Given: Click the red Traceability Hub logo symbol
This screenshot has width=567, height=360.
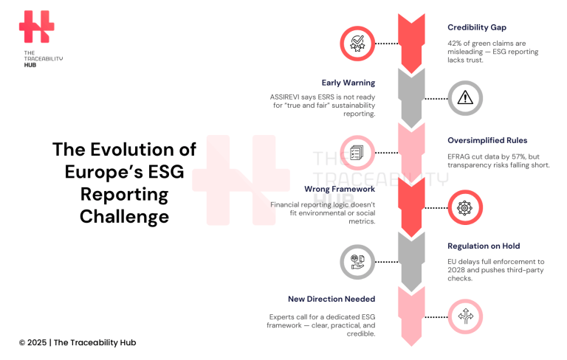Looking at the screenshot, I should coord(36,27).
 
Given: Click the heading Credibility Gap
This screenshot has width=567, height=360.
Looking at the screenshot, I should coord(476,27).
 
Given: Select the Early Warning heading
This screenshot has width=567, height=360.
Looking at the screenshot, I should coord(348,83).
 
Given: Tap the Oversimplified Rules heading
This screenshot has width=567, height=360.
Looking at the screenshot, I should coord(487,140).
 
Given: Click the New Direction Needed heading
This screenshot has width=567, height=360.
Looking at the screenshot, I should coord(331,299).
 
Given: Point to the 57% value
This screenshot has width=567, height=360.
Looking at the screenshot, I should coord(520,156).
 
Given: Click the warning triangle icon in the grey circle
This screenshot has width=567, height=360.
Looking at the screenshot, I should coord(464,97).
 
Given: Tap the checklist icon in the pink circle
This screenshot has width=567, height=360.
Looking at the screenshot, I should coord(357,153).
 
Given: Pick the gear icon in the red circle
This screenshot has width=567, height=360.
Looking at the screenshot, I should coord(464,208).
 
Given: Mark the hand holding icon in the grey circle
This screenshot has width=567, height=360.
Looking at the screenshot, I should coord(357,262).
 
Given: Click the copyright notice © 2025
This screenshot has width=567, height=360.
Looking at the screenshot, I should coord(33,342).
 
